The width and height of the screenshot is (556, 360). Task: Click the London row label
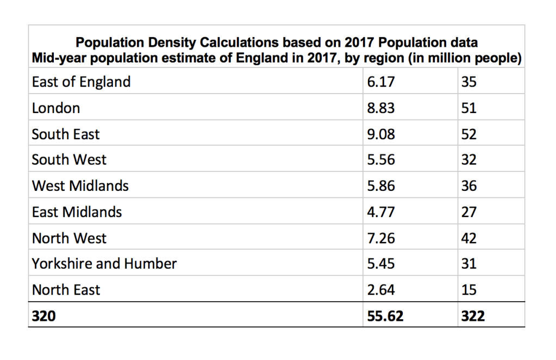[x=56, y=108]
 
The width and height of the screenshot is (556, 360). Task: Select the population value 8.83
[x=381, y=108]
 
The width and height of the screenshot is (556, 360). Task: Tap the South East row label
[x=66, y=134]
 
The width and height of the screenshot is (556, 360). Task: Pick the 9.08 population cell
[x=381, y=134]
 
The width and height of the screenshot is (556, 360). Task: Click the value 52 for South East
[x=468, y=134]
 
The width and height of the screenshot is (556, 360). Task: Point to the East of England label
[x=82, y=82]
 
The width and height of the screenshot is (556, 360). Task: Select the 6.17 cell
[x=381, y=82]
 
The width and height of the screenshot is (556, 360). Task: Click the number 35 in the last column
[x=468, y=82]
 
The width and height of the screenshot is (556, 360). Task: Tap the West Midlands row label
[x=80, y=186]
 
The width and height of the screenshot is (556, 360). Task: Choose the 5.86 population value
[x=381, y=186]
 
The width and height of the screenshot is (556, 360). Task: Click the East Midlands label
[x=77, y=212]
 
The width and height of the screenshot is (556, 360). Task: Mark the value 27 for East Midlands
[x=468, y=212]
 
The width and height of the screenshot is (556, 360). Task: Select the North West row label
[x=70, y=238]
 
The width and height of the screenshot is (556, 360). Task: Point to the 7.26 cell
[x=381, y=238]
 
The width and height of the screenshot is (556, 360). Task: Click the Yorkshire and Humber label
[x=104, y=264]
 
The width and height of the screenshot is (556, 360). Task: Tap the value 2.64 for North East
[x=381, y=290]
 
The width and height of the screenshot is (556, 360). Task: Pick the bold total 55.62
[x=385, y=316]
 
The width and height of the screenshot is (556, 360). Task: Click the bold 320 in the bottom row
[x=43, y=316]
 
